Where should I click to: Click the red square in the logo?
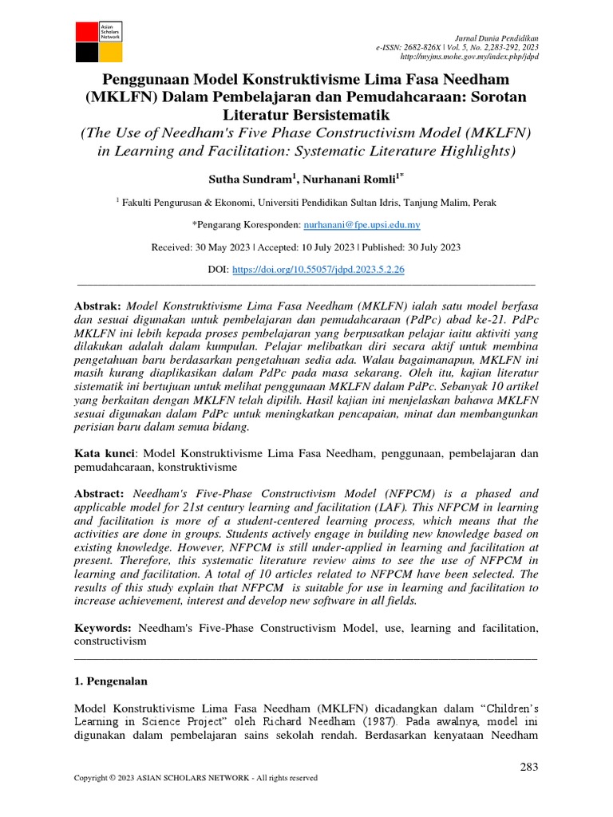[x=85, y=32]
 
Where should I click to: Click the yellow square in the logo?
[x=111, y=53]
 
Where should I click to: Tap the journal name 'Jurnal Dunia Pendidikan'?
[x=496, y=38]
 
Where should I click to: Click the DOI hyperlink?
[x=318, y=270]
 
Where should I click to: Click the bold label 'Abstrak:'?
[x=97, y=306]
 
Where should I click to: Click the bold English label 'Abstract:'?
[x=100, y=494]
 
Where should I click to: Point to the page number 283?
[x=528, y=767]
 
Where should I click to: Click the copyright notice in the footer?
[x=195, y=778]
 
